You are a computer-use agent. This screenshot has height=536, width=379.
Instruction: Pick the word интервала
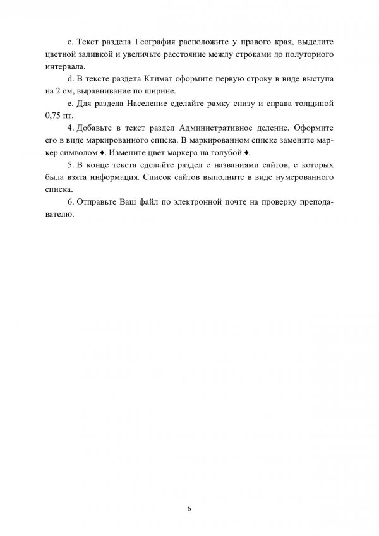(x=65, y=66)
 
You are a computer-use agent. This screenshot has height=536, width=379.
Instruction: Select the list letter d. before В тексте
(x=69, y=78)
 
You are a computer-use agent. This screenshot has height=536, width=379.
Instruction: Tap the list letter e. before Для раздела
(x=69, y=103)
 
